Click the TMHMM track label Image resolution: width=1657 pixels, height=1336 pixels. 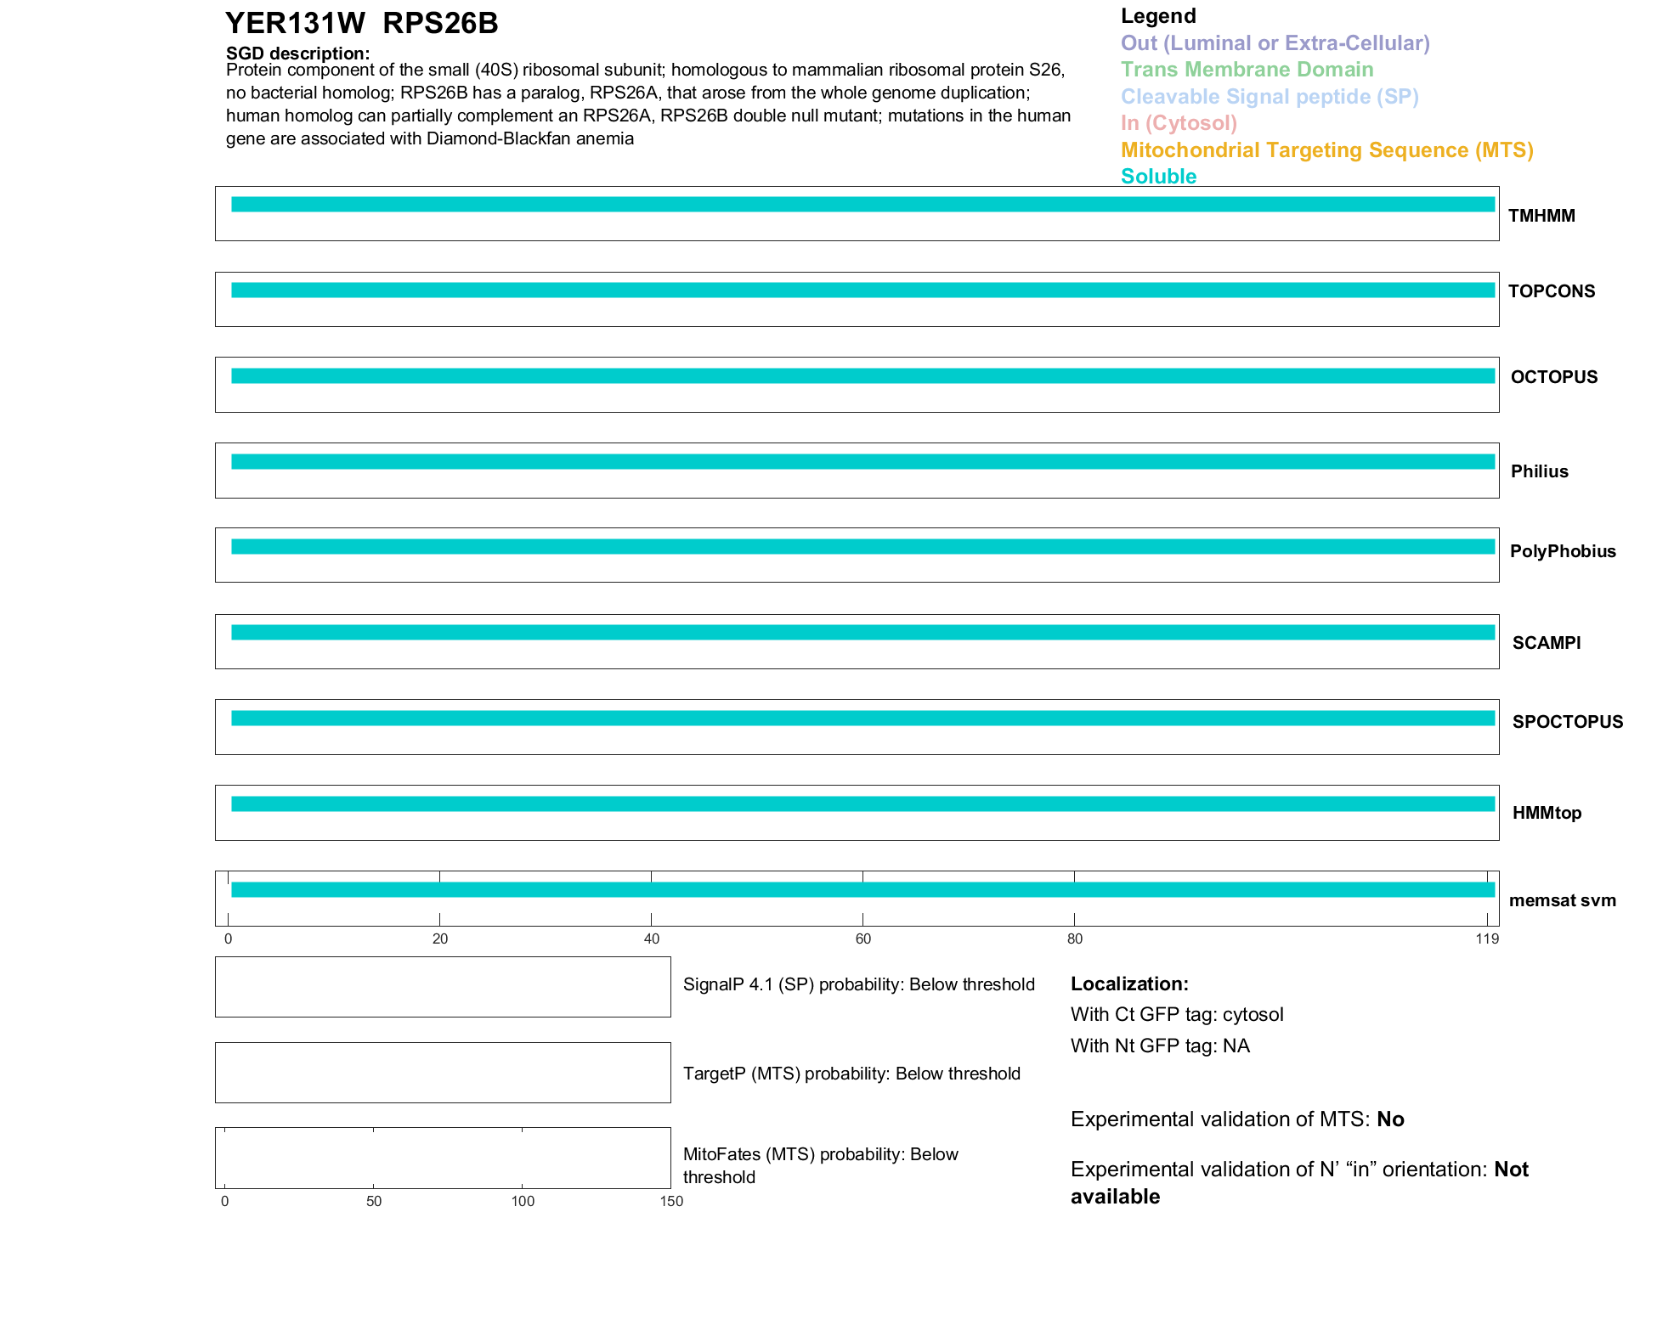tap(1541, 216)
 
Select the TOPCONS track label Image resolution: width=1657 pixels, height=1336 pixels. tap(1552, 291)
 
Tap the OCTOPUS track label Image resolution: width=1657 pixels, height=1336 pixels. tap(1554, 377)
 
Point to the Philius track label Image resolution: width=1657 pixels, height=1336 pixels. tap(1540, 471)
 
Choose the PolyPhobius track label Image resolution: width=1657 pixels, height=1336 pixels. tap(1563, 551)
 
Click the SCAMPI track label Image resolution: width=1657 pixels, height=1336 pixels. tap(1547, 643)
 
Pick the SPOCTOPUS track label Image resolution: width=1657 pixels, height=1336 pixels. tap(1568, 722)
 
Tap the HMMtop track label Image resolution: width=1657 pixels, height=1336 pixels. tap(1547, 813)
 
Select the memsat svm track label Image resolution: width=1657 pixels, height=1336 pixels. tap(1562, 900)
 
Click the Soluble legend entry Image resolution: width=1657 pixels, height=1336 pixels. tap(1158, 176)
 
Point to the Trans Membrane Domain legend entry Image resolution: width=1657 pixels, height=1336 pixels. tap(1247, 70)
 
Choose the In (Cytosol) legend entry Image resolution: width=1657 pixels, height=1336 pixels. tap(1179, 123)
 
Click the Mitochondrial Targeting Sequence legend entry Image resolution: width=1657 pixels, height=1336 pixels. tap(1326, 150)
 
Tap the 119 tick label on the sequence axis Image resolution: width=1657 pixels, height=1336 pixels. tap(1487, 939)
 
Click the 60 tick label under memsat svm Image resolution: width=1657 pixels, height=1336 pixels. tap(863, 939)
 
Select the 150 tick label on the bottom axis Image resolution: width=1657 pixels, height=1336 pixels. tap(671, 1201)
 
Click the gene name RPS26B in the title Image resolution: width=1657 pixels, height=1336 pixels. tap(440, 24)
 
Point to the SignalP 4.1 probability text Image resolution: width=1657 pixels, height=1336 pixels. tap(858, 984)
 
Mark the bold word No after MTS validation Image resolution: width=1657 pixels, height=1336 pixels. tap(1390, 1119)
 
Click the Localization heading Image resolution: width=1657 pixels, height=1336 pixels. tap(1129, 984)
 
